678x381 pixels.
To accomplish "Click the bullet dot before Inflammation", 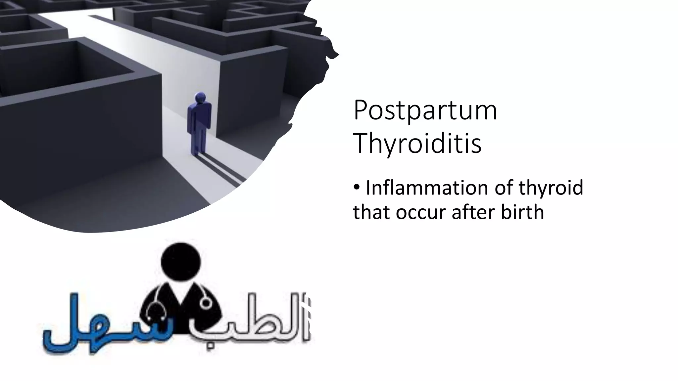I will click(357, 188).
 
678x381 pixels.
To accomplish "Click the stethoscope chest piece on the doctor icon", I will click(206, 303).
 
